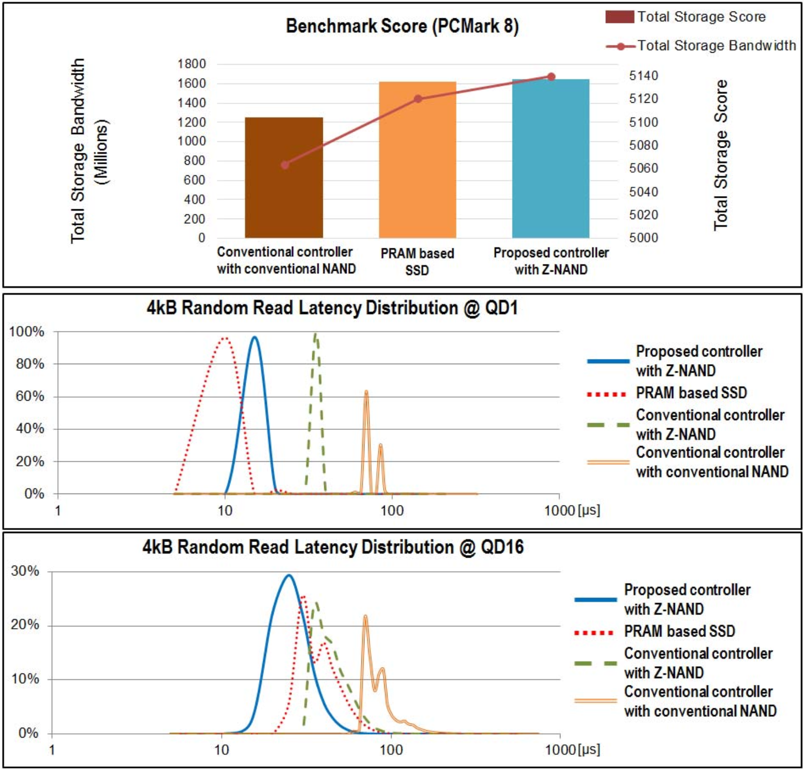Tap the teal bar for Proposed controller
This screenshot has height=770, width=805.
coord(551,159)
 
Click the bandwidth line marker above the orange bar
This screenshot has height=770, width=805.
coord(418,99)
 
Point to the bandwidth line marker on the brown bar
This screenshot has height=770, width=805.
coord(285,165)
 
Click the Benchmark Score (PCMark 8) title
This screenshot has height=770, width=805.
coord(402,26)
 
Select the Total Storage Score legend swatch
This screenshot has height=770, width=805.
coord(619,17)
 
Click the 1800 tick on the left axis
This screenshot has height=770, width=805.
coord(191,64)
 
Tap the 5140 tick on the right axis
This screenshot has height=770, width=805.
coord(643,76)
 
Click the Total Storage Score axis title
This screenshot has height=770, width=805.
coord(721,155)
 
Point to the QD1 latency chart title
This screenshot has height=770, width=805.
coord(332,308)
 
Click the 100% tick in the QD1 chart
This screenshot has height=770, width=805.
coord(27,332)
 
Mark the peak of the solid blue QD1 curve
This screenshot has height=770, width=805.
coord(254,337)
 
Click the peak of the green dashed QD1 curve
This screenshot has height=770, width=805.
coord(315,334)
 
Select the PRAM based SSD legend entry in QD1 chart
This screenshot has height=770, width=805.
coord(691,393)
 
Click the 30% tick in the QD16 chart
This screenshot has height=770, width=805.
coord(25,571)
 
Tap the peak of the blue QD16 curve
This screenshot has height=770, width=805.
coord(288,575)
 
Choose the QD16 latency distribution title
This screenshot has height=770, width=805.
coord(333,547)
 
